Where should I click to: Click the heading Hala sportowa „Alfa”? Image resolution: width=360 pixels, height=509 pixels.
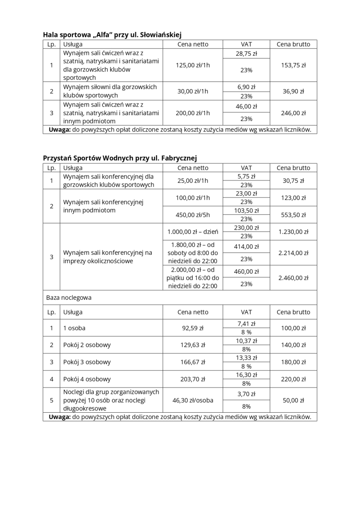click(x=112, y=35)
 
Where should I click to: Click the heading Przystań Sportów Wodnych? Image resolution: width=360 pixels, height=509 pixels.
click(x=120, y=158)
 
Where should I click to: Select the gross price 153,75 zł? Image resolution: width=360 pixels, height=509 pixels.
click(x=293, y=65)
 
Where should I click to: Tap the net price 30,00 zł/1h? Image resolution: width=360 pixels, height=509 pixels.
click(x=193, y=91)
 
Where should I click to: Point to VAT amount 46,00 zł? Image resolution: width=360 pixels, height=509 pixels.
click(x=246, y=107)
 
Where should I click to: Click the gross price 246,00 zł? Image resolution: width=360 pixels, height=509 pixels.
click(x=293, y=113)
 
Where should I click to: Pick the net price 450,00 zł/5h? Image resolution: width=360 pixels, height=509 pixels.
click(x=193, y=215)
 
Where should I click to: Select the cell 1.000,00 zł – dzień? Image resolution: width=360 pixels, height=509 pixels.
click(x=193, y=232)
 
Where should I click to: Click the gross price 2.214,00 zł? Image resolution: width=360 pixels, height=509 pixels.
click(x=293, y=253)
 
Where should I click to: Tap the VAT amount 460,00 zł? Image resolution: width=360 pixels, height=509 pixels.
click(x=246, y=271)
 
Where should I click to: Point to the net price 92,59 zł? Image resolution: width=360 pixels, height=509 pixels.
click(x=193, y=328)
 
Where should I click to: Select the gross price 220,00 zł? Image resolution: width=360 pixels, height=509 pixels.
click(x=293, y=379)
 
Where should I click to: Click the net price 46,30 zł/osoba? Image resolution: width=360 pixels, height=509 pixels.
click(x=193, y=400)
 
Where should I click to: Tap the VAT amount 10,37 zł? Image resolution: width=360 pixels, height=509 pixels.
click(x=246, y=341)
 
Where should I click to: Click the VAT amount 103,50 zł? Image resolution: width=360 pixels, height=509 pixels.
click(x=246, y=210)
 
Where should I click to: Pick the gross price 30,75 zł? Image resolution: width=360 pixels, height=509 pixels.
click(x=293, y=180)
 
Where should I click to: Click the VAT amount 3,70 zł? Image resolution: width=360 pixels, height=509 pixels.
click(x=246, y=394)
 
